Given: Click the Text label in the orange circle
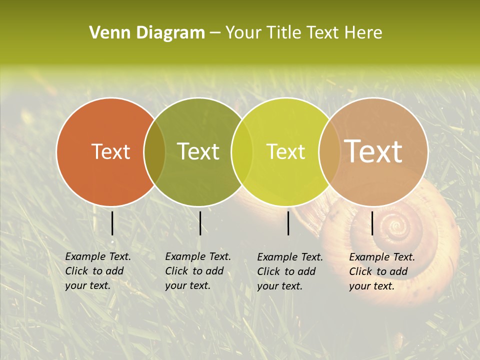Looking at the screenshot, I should pyautogui.click(x=110, y=151).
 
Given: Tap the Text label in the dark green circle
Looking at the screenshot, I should pyautogui.click(x=198, y=151).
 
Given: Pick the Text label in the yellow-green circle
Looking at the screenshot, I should pyautogui.click(x=285, y=151).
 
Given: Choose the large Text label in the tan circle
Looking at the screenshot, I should pyautogui.click(x=373, y=151).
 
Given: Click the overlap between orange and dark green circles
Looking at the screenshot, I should pyautogui.click(x=154, y=152).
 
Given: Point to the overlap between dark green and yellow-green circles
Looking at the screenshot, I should pyautogui.click(x=242, y=152).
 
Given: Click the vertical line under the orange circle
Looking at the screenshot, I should pyautogui.click(x=112, y=223).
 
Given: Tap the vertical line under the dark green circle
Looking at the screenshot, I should pyautogui.click(x=200, y=223).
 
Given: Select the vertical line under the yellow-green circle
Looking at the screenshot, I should pyautogui.click(x=288, y=223).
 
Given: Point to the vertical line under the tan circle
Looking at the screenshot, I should pyautogui.click(x=372, y=223).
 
